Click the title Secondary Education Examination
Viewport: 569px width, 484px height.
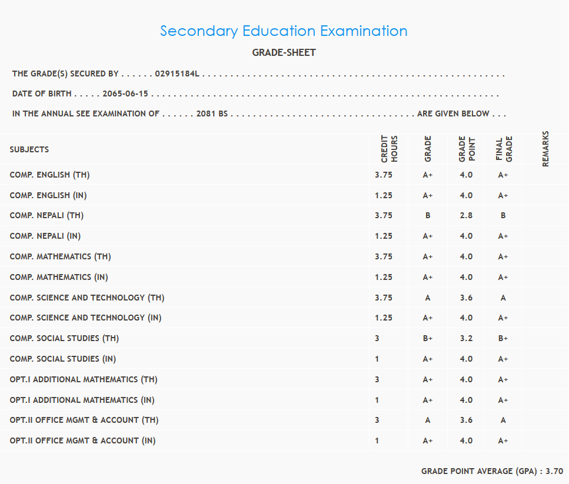[284, 31]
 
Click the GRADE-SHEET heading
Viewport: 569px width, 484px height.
[284, 53]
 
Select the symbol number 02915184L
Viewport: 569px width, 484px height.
[177, 74]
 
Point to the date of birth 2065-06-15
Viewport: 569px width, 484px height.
[125, 94]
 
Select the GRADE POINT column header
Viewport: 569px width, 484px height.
[467, 149]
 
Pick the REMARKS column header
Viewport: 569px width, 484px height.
[545, 149]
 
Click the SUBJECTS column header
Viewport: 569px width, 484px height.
[29, 149]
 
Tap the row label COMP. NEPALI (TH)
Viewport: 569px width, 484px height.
[46, 216]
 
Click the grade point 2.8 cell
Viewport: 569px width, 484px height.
[466, 216]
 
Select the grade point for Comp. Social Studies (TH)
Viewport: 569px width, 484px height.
[466, 339]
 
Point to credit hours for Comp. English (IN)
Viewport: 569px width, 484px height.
[383, 195]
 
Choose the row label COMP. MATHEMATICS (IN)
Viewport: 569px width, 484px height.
[59, 277]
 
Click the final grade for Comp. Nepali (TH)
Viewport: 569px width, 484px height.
[503, 216]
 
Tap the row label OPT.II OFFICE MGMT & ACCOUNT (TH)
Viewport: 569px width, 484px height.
[84, 420]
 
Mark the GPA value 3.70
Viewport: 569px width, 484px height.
[554, 472]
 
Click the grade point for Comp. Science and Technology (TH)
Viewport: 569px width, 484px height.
[466, 298]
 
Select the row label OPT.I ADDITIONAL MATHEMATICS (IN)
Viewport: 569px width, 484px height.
[82, 400]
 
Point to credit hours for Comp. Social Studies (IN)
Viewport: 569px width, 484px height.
[377, 359]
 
